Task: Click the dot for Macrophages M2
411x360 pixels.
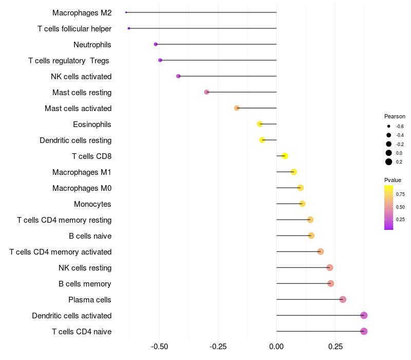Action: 126,12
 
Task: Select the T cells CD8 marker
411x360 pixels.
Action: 285,156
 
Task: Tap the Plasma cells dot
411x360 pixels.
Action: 343,299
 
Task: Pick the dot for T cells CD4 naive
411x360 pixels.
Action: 364,331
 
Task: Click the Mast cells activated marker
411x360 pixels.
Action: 237,108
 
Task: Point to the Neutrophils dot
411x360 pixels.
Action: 156,44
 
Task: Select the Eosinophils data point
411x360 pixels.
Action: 260,124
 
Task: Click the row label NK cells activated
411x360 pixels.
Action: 81,77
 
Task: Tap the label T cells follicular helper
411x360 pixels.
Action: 74,29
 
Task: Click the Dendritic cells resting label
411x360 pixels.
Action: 76,140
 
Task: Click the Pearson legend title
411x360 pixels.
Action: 395,116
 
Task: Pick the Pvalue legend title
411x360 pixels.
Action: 393,180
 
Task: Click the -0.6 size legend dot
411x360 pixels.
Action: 389,126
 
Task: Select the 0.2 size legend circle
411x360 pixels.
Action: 389,162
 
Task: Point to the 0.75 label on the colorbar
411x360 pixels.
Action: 401,194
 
